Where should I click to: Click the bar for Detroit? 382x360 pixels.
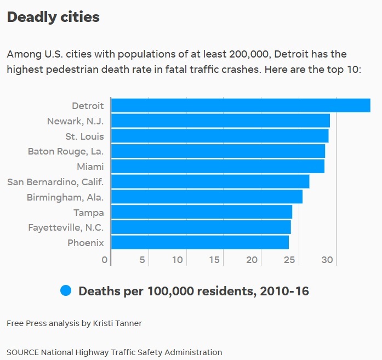point(241,105)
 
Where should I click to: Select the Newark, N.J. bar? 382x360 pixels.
point(220,121)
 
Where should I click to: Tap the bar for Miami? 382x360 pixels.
point(218,166)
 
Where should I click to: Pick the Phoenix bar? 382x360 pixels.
point(199,242)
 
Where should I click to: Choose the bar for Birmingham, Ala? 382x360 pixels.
point(207,197)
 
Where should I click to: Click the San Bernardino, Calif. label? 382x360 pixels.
point(55,181)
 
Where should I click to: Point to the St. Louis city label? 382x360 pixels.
point(84,136)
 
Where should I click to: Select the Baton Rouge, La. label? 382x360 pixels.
point(66,151)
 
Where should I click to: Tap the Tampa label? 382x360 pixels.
point(89,212)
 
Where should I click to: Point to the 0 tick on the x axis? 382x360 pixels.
point(105,260)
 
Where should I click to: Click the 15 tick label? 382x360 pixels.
point(215,260)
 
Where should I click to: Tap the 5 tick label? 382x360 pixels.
point(142,260)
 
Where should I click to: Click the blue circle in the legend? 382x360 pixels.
point(66,291)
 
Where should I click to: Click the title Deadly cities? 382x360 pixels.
point(53,17)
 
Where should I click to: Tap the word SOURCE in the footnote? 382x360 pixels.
point(22,352)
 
